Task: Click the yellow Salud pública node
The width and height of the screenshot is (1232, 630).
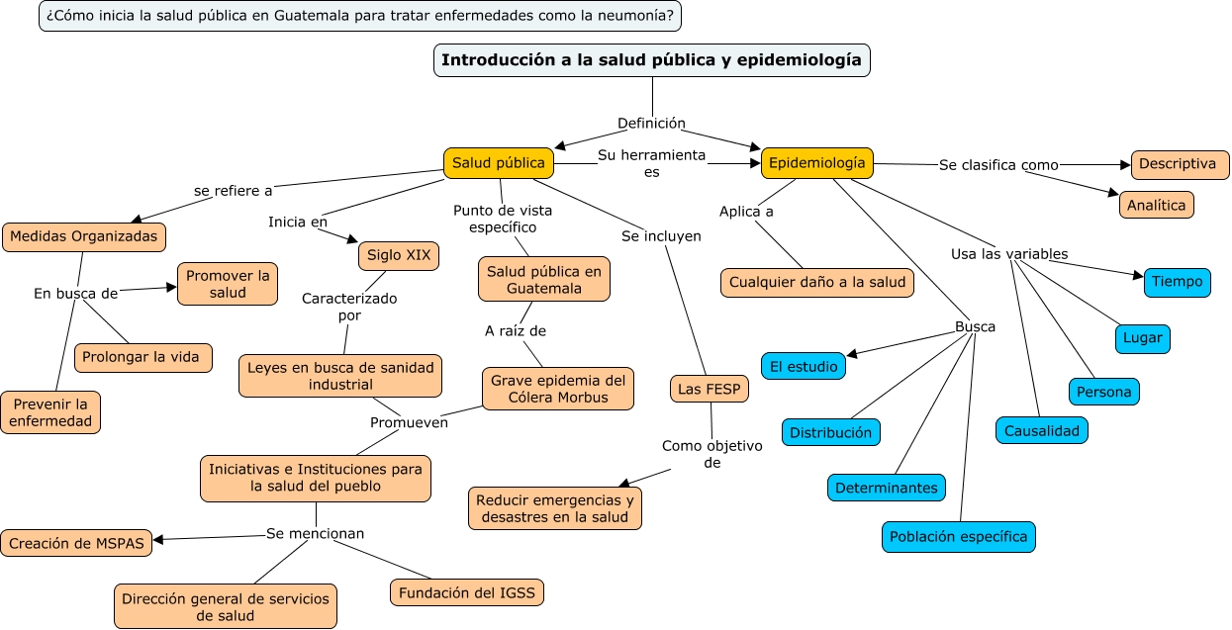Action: pos(498,163)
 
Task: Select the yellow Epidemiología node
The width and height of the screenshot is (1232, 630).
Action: pos(816,163)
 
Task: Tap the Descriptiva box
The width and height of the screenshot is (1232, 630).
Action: pos(1180,164)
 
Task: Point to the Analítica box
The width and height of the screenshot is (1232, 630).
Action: pos(1157,205)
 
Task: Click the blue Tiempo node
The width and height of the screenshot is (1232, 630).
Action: pos(1178,282)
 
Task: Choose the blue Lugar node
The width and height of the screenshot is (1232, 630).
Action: pos(1143,338)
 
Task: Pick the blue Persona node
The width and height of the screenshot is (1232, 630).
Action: pos(1103,392)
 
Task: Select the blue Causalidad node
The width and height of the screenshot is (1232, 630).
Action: pos(1042,430)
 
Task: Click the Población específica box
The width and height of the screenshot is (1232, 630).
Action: pos(958,537)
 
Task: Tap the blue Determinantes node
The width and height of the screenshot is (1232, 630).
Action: pos(887,488)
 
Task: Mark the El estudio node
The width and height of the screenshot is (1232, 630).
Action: pos(804,366)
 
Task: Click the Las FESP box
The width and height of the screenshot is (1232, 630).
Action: pos(710,389)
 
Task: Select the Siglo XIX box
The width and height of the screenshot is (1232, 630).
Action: pos(398,255)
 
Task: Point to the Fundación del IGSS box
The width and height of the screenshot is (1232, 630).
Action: pos(467,592)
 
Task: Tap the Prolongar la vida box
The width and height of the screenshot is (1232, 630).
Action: pos(143,357)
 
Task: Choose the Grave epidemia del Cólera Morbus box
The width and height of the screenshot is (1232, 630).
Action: pos(558,389)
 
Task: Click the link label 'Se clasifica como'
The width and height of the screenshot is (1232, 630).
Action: pos(998,165)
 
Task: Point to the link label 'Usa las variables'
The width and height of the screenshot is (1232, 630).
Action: pos(1008,254)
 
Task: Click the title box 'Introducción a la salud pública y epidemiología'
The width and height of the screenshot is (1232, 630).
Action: pos(652,60)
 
